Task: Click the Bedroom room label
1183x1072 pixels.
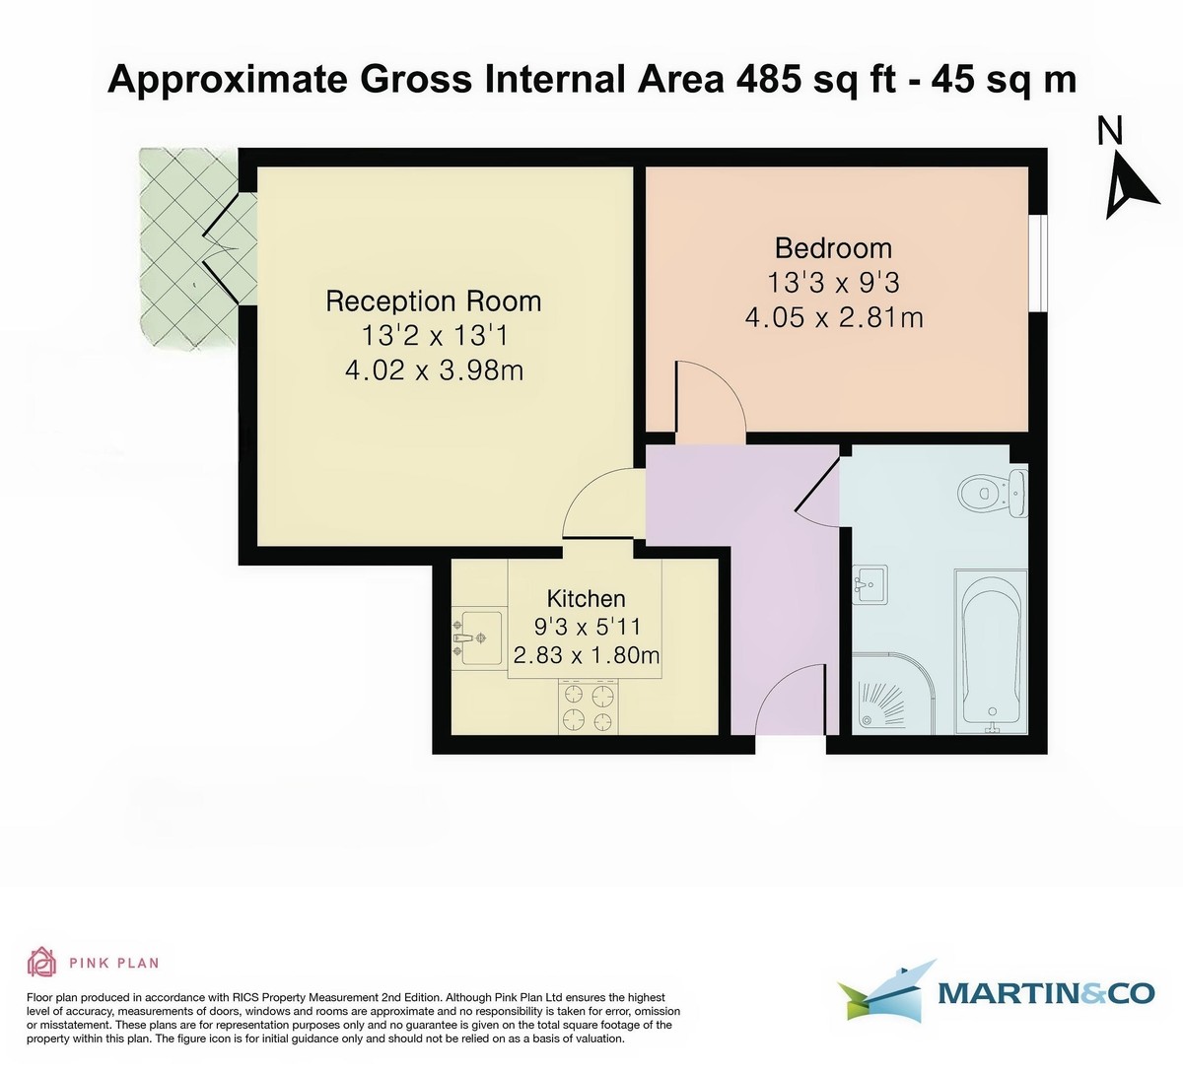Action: (x=833, y=247)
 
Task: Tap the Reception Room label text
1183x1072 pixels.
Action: (x=434, y=301)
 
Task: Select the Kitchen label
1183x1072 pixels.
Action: (x=587, y=598)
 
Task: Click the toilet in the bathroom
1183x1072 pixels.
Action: (x=992, y=490)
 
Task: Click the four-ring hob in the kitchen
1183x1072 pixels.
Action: (x=588, y=707)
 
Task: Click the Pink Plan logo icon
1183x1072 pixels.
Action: (x=40, y=962)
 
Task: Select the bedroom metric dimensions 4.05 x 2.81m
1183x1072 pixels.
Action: (x=833, y=317)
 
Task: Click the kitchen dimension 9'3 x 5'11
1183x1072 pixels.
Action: (x=587, y=627)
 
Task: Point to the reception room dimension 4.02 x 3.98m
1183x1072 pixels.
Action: (x=434, y=370)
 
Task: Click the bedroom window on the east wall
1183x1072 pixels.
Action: (x=1037, y=263)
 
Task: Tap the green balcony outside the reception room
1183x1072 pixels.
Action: (x=187, y=251)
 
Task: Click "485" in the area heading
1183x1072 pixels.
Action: (x=768, y=79)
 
